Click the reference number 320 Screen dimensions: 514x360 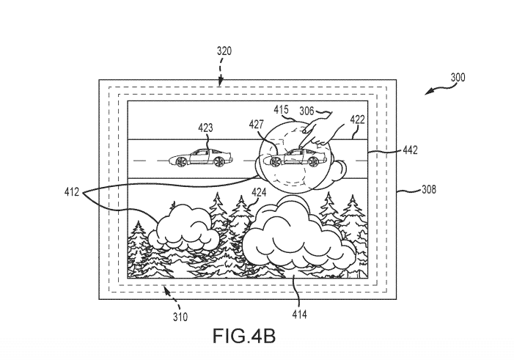(x=224, y=51)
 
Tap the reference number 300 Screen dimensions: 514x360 (x=458, y=78)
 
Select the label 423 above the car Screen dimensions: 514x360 (x=205, y=128)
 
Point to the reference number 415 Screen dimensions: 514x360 (x=282, y=110)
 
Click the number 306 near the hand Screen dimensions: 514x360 (x=306, y=111)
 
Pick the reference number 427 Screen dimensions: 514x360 (x=256, y=125)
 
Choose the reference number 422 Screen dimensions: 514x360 (x=357, y=120)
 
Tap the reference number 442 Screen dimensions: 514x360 (x=410, y=150)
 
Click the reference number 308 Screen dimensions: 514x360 (x=429, y=189)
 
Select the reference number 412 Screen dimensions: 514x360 (x=72, y=192)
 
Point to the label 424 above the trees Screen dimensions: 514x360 (x=259, y=192)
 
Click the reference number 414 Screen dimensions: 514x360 (x=300, y=315)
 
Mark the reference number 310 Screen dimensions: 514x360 (x=180, y=317)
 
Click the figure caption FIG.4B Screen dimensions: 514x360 (x=244, y=336)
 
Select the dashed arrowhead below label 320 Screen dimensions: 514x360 (x=221, y=81)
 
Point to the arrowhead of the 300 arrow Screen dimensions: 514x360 (x=428, y=92)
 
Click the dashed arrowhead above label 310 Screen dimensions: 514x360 (x=166, y=289)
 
